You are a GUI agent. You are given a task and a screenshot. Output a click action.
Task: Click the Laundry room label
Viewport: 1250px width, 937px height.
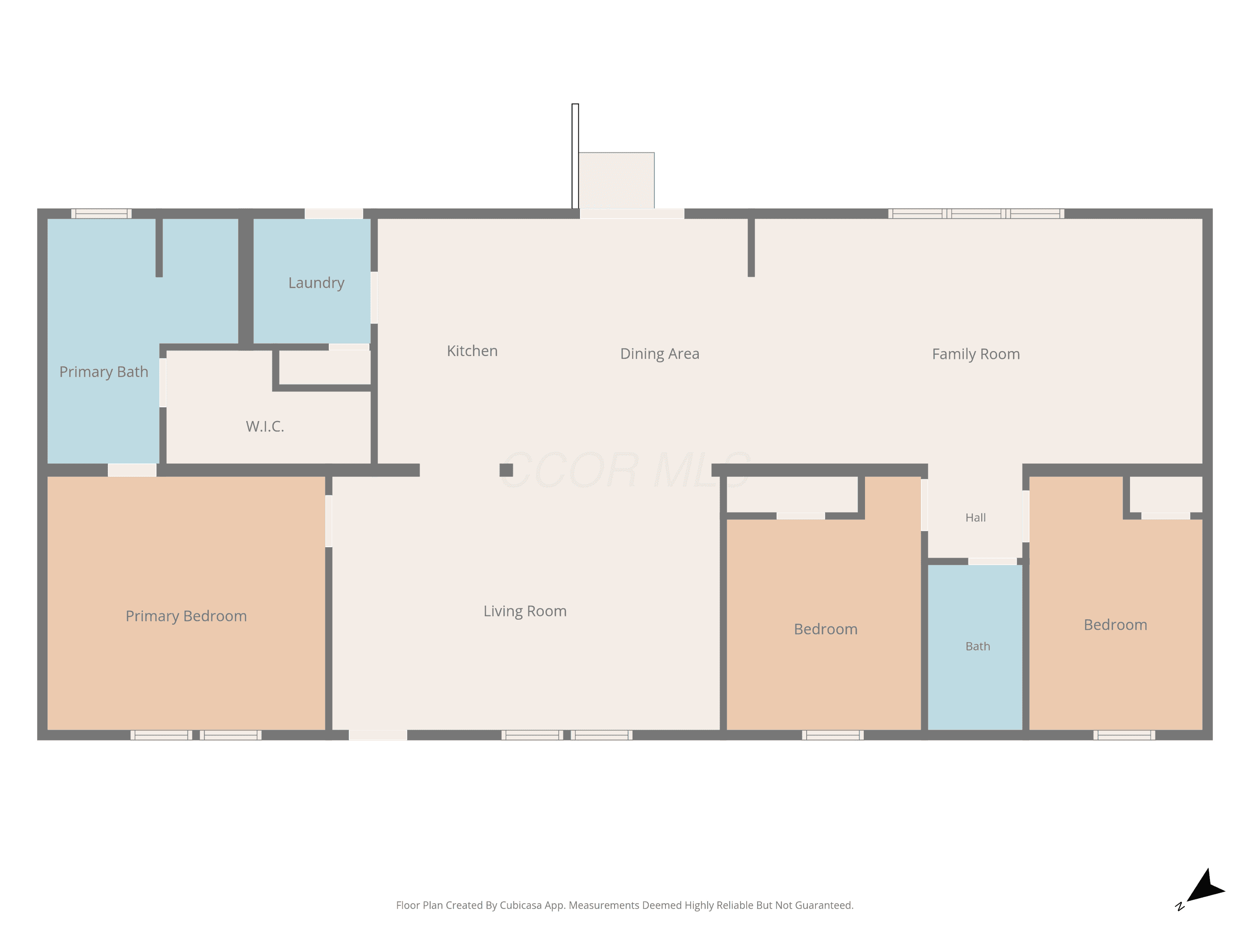click(x=316, y=283)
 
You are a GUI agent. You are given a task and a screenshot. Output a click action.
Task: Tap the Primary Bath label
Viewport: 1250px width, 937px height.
click(x=104, y=371)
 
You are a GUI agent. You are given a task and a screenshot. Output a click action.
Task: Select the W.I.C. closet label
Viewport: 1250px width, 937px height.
click(x=265, y=426)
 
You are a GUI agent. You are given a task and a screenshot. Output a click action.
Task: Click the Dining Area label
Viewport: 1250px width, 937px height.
click(x=660, y=354)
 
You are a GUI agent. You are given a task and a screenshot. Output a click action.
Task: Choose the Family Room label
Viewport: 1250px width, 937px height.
click(x=975, y=354)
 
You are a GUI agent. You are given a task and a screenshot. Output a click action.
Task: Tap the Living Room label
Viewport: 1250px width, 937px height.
click(x=525, y=611)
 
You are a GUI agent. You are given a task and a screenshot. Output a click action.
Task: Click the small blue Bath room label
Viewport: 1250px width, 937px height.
click(x=977, y=646)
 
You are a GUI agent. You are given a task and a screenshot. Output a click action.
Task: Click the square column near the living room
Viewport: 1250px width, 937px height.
click(x=506, y=470)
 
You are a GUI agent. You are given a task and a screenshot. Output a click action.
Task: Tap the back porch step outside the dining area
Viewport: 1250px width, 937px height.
click(x=617, y=180)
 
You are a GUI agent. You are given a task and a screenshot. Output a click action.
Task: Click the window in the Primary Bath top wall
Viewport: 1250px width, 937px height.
click(x=101, y=214)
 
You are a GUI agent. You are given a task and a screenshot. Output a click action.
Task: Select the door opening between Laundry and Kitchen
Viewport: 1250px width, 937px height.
click(x=374, y=298)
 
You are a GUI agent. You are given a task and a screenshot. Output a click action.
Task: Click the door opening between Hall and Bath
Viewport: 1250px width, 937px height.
click(x=993, y=561)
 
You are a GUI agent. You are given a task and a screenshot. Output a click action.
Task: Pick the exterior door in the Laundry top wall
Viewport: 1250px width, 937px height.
click(x=334, y=214)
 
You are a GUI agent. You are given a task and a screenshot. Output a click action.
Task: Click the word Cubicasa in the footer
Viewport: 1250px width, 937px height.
click(x=521, y=905)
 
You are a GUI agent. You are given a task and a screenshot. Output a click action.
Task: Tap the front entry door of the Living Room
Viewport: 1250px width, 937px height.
click(x=378, y=735)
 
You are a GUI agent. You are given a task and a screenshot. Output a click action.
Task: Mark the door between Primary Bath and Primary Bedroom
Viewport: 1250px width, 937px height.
click(x=132, y=470)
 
